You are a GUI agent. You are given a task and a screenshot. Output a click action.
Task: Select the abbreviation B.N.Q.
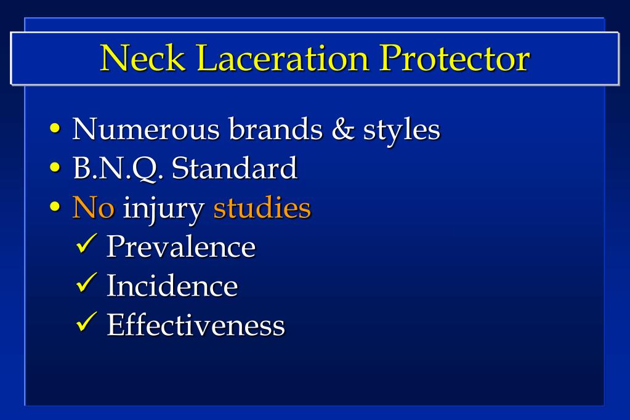117,168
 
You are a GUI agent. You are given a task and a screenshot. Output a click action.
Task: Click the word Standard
235,168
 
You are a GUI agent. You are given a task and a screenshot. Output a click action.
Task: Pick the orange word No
94,208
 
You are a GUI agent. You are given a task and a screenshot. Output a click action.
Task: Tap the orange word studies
262,208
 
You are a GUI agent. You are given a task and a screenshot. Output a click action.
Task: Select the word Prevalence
181,246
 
